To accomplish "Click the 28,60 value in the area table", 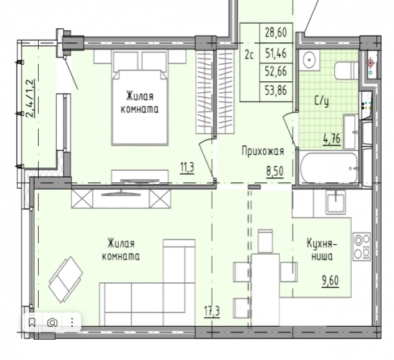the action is [276, 32].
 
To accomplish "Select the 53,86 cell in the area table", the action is [276, 91].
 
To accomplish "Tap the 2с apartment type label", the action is [249, 55].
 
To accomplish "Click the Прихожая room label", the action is [263, 151].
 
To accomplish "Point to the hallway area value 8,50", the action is [275, 171].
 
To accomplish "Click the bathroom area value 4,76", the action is [332, 138].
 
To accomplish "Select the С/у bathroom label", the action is [322, 102].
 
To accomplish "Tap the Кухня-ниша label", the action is [323, 250].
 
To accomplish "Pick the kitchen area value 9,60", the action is [331, 281].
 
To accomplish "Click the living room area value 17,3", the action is [212, 312].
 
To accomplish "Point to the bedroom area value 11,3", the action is [187, 168].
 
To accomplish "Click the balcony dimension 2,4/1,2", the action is [30, 98].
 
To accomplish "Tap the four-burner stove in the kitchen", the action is [362, 247].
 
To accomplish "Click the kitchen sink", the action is [336, 201].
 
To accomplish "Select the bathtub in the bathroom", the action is [329, 168].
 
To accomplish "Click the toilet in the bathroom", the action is [346, 71].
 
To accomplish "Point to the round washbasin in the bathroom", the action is [309, 60].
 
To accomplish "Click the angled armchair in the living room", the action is [66, 279].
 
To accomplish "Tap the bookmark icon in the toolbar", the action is [32, 323].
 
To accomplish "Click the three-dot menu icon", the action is [72, 323].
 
